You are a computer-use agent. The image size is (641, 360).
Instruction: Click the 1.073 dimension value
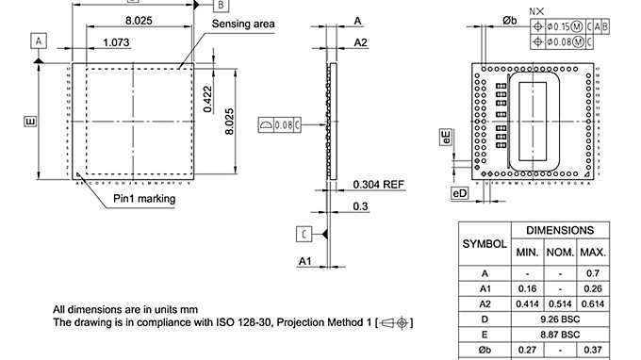click(116, 42)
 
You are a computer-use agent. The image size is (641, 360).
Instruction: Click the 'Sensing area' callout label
click(242, 24)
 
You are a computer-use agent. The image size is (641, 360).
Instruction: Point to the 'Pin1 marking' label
click(144, 199)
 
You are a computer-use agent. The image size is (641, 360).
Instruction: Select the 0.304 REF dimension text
click(379, 185)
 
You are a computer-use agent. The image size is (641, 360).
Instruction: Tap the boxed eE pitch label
click(446, 139)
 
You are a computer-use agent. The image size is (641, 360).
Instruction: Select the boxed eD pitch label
click(459, 193)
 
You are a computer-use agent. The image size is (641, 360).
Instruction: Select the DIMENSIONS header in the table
click(560, 230)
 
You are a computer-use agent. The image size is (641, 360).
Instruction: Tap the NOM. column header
click(560, 253)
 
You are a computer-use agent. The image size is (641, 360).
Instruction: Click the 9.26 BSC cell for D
click(560, 319)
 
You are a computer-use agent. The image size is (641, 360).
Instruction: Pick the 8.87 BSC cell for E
click(560, 335)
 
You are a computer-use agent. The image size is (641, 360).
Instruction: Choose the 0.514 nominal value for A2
click(560, 303)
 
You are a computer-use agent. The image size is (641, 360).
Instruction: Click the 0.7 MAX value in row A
click(593, 271)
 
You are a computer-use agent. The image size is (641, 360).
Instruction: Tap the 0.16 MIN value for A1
click(526, 287)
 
